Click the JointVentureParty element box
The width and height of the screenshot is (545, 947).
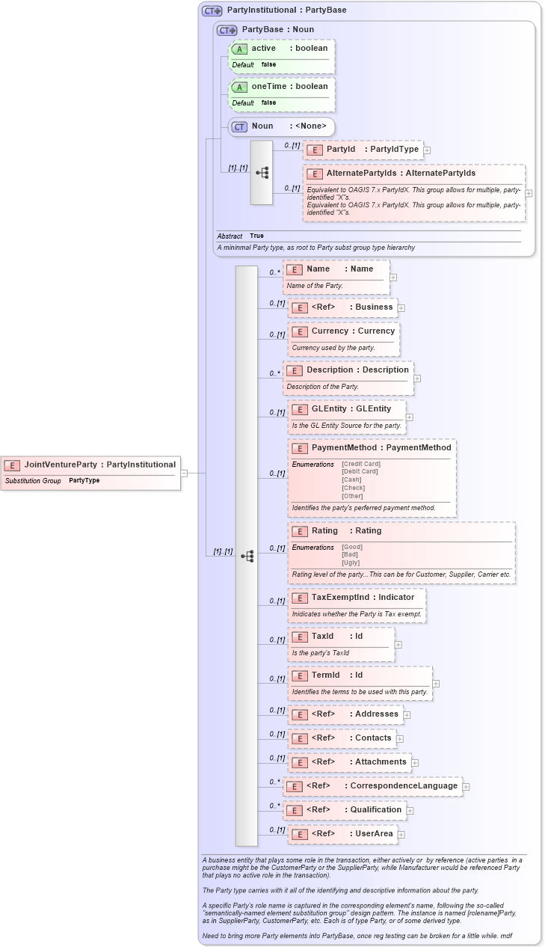pyautogui.click(x=90, y=465)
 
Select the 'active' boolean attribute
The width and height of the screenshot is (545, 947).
pyautogui.click(x=281, y=49)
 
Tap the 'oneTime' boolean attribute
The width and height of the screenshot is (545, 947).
pyautogui.click(x=281, y=87)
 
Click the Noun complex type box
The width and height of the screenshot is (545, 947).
pyautogui.click(x=281, y=126)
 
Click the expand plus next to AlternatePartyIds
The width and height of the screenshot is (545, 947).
pyautogui.click(x=529, y=193)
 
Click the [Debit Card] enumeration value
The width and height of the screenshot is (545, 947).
pyautogui.click(x=360, y=471)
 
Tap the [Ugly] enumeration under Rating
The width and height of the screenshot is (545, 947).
pyautogui.click(x=351, y=563)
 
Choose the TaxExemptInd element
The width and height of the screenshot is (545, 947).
pyautogui.click(x=356, y=598)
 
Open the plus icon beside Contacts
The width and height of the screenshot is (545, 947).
pyautogui.click(x=400, y=738)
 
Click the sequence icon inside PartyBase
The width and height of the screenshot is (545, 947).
pyautogui.click(x=262, y=173)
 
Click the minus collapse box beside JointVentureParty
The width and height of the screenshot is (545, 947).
pyautogui.click(x=184, y=473)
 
